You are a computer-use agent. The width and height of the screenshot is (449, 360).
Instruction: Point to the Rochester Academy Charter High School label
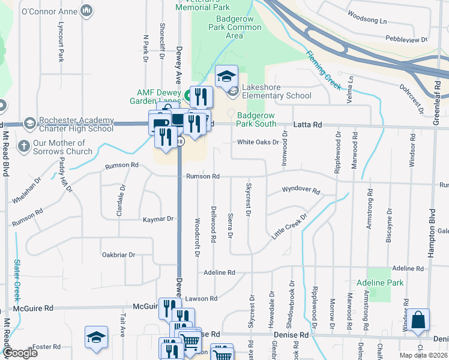(76, 124)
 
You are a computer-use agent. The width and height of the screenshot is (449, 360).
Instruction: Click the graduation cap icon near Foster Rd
(96, 338)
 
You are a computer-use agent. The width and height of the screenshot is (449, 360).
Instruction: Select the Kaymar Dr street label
(158, 220)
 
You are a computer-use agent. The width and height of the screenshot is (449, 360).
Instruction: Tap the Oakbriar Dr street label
(118, 255)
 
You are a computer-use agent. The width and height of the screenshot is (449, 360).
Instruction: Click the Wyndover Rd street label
(301, 190)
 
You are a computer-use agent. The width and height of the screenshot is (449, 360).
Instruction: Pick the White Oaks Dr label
(258, 142)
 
